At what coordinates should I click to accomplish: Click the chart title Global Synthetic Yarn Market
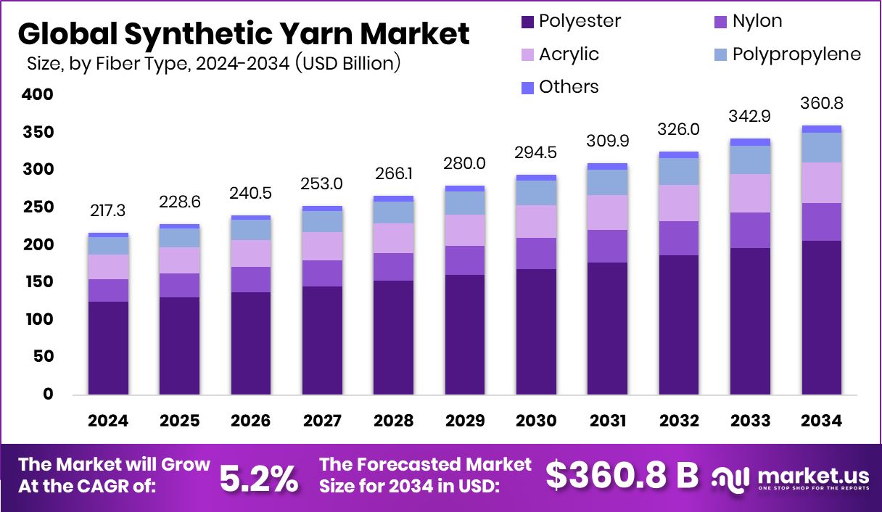pos(243,34)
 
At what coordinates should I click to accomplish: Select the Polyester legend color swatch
pos(527,22)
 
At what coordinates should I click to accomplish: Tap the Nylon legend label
pos(757,21)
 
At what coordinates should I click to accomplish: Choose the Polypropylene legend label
pos(796,54)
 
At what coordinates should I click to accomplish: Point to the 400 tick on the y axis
pos(37,94)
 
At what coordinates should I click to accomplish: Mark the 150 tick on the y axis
pos(37,282)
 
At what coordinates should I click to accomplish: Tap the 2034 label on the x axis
pos(822,421)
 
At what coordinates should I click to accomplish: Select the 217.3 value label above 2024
pos(108,210)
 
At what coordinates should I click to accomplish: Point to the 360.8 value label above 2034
pos(822,103)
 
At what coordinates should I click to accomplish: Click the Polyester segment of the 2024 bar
pos(108,348)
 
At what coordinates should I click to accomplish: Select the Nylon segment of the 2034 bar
pos(822,222)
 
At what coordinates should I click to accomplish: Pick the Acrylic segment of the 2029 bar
pos(465,230)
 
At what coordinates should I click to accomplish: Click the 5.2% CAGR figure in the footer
pos(258,478)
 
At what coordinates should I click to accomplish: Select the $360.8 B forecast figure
pos(622,476)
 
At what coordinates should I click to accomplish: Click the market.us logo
pos(791,477)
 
